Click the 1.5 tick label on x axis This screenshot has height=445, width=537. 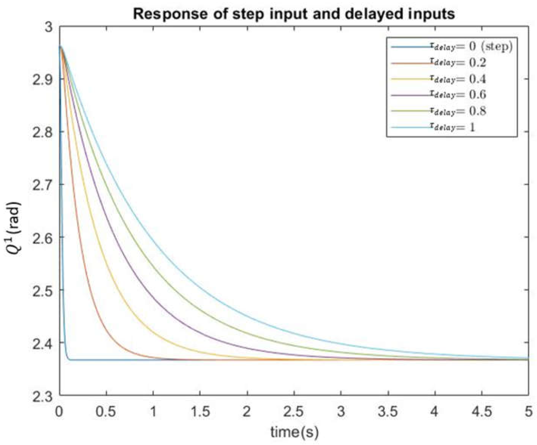200,412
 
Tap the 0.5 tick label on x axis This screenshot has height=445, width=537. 106,412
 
